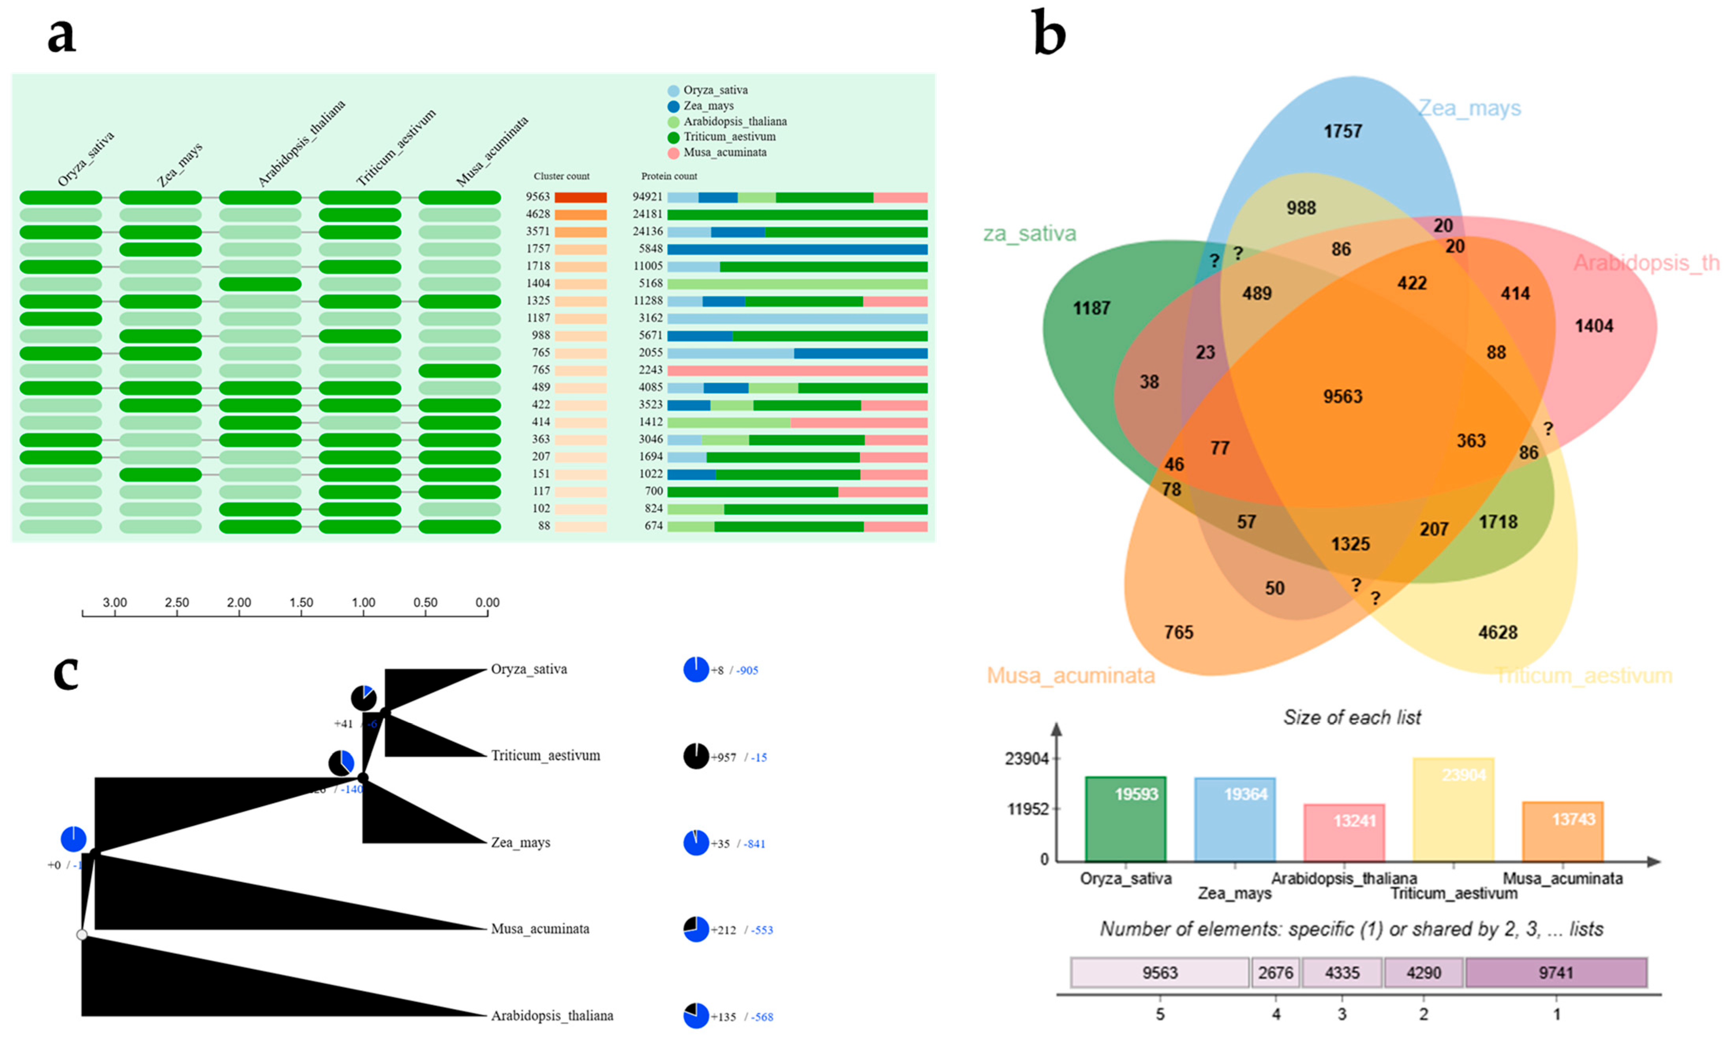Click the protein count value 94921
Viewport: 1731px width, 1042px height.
tap(647, 197)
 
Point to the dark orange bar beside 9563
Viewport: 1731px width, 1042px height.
tap(580, 197)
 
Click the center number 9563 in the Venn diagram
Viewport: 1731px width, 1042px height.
tap(1342, 397)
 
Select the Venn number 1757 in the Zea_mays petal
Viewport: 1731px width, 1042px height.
tap(1342, 131)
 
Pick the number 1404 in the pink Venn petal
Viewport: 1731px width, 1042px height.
tap(1593, 326)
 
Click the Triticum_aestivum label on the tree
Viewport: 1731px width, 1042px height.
tap(545, 756)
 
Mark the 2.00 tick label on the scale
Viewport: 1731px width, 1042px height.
tap(239, 603)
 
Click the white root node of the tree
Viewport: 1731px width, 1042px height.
tap(82, 935)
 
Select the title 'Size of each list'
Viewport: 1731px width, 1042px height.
tap(1352, 717)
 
